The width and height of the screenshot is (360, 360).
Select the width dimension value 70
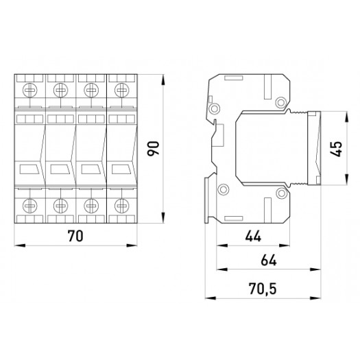[x=75, y=237]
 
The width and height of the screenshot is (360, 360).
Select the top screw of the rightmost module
[x=122, y=89]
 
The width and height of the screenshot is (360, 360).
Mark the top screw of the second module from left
[x=60, y=89]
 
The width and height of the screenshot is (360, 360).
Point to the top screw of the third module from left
[x=91, y=89]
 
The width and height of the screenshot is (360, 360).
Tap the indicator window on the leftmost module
[x=29, y=168]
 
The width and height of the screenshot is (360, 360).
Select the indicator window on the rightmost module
[x=122, y=168]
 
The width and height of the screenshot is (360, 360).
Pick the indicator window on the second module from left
[x=60, y=168]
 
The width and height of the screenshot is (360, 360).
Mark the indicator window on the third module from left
[x=91, y=168]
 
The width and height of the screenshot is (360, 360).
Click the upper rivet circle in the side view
[x=280, y=103]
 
